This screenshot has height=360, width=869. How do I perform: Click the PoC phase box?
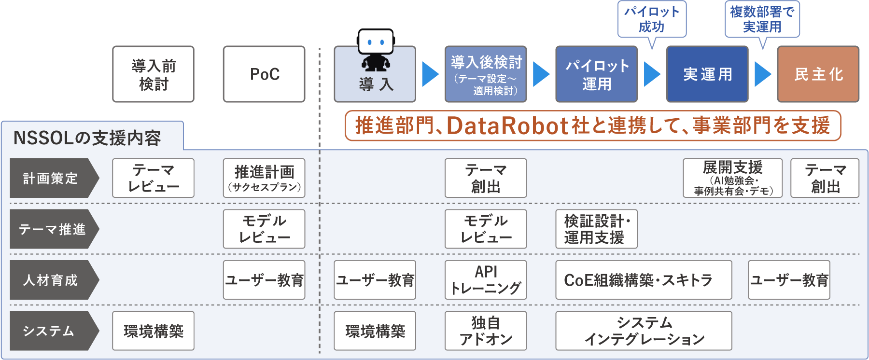(264, 74)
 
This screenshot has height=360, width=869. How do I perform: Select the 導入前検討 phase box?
(153, 74)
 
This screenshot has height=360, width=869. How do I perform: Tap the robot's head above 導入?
(376, 42)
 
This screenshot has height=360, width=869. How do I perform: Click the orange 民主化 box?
(818, 74)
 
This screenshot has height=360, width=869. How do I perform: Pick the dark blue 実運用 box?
(707, 74)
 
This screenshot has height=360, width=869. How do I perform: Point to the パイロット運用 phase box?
(596, 74)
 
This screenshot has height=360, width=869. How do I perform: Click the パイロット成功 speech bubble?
(652, 19)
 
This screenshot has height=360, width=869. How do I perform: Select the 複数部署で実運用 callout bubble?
(762, 19)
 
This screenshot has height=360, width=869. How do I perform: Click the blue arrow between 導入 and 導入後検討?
(430, 74)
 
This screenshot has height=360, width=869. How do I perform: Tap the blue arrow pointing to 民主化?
(763, 74)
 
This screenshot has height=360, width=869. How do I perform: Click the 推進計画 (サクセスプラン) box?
(264, 178)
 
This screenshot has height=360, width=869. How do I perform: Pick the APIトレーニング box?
(485, 280)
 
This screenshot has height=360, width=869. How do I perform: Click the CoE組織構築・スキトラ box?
(643, 280)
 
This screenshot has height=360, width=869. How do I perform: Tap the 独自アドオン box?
(485, 331)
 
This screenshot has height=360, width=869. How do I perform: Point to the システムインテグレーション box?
(643, 331)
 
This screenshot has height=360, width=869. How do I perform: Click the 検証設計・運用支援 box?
(596, 229)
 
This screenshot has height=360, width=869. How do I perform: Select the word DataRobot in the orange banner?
(507, 125)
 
